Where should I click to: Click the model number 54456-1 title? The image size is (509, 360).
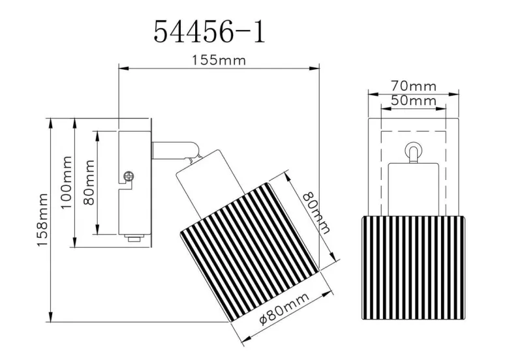(x=209, y=31)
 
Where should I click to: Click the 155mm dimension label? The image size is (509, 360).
(x=219, y=60)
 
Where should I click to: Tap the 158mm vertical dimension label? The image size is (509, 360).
(x=43, y=220)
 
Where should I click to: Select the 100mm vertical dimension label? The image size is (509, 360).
(x=66, y=182)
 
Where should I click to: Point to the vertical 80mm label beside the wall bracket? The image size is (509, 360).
(x=89, y=182)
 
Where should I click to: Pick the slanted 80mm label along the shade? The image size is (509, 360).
(x=316, y=213)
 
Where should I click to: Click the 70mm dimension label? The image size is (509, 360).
(x=414, y=86)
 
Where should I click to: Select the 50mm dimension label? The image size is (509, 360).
(x=414, y=100)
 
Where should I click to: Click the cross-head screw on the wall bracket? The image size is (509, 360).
(x=129, y=177)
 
